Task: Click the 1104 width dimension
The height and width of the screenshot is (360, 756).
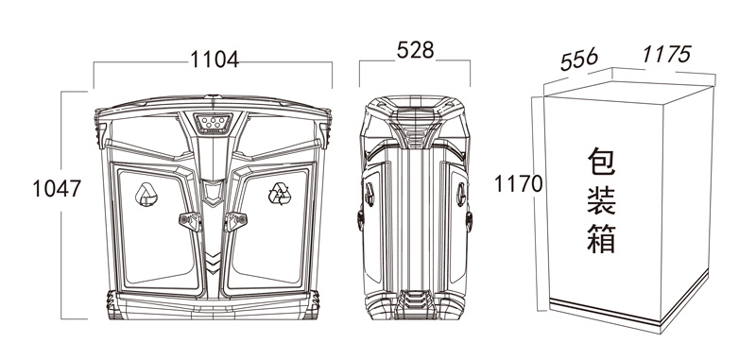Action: pos(215,60)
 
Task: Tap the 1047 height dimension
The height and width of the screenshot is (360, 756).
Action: pos(57,188)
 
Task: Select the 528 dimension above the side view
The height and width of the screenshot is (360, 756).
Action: pos(415,50)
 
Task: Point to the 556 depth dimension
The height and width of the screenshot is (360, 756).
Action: pos(579,59)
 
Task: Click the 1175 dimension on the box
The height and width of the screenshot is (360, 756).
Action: pos(667,55)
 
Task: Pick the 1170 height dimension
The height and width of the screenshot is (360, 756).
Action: pos(519,183)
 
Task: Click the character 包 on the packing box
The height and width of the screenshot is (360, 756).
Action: pos(601,162)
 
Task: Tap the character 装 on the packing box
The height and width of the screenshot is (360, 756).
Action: pos(601,200)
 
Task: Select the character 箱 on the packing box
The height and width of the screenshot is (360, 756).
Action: pos(601,238)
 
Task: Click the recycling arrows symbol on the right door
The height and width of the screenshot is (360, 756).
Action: pos(280,194)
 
